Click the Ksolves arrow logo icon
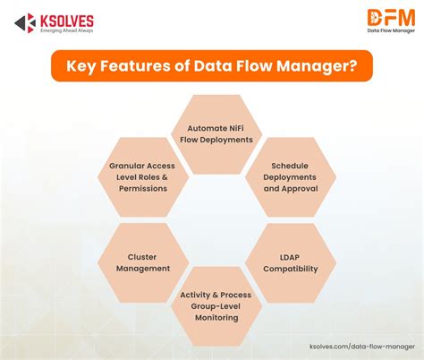25,23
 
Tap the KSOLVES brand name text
67,21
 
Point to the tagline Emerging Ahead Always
67,30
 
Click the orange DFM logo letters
391,18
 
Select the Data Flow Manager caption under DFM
391,30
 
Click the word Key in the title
81,66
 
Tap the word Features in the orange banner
135,65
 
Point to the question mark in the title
353,65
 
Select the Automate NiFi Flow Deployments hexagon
216,134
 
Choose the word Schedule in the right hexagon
290,166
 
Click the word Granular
124,166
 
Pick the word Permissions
143,189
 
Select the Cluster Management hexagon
143,262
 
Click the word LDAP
290,257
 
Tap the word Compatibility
291,269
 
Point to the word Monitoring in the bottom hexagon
216,318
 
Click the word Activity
195,296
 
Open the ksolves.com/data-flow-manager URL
362,347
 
